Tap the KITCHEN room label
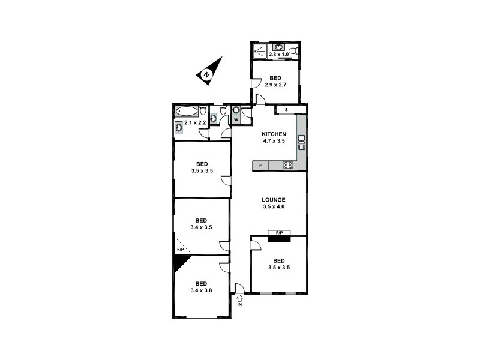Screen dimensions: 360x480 [273, 134]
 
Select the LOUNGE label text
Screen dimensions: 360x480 [273, 200]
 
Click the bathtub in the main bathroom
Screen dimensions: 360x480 [188, 112]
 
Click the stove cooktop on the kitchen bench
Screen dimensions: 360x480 [287, 165]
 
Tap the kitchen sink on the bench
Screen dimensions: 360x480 [302, 143]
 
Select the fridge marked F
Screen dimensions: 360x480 [260, 165]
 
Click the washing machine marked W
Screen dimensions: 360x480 [236, 119]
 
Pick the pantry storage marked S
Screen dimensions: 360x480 [286, 110]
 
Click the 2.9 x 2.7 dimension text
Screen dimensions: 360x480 [275, 85]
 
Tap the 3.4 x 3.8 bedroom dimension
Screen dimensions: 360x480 [201, 290]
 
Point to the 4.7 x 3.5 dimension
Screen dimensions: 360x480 [273, 141]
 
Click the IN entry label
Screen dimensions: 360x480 [239, 305]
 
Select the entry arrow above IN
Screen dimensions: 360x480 [239, 298]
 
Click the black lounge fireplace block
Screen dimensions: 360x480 [279, 239]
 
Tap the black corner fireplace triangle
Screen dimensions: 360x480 [180, 262]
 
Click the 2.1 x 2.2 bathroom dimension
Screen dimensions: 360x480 [196, 123]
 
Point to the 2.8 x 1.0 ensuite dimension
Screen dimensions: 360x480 [279, 55]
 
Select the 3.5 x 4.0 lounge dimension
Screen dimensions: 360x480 [273, 207]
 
